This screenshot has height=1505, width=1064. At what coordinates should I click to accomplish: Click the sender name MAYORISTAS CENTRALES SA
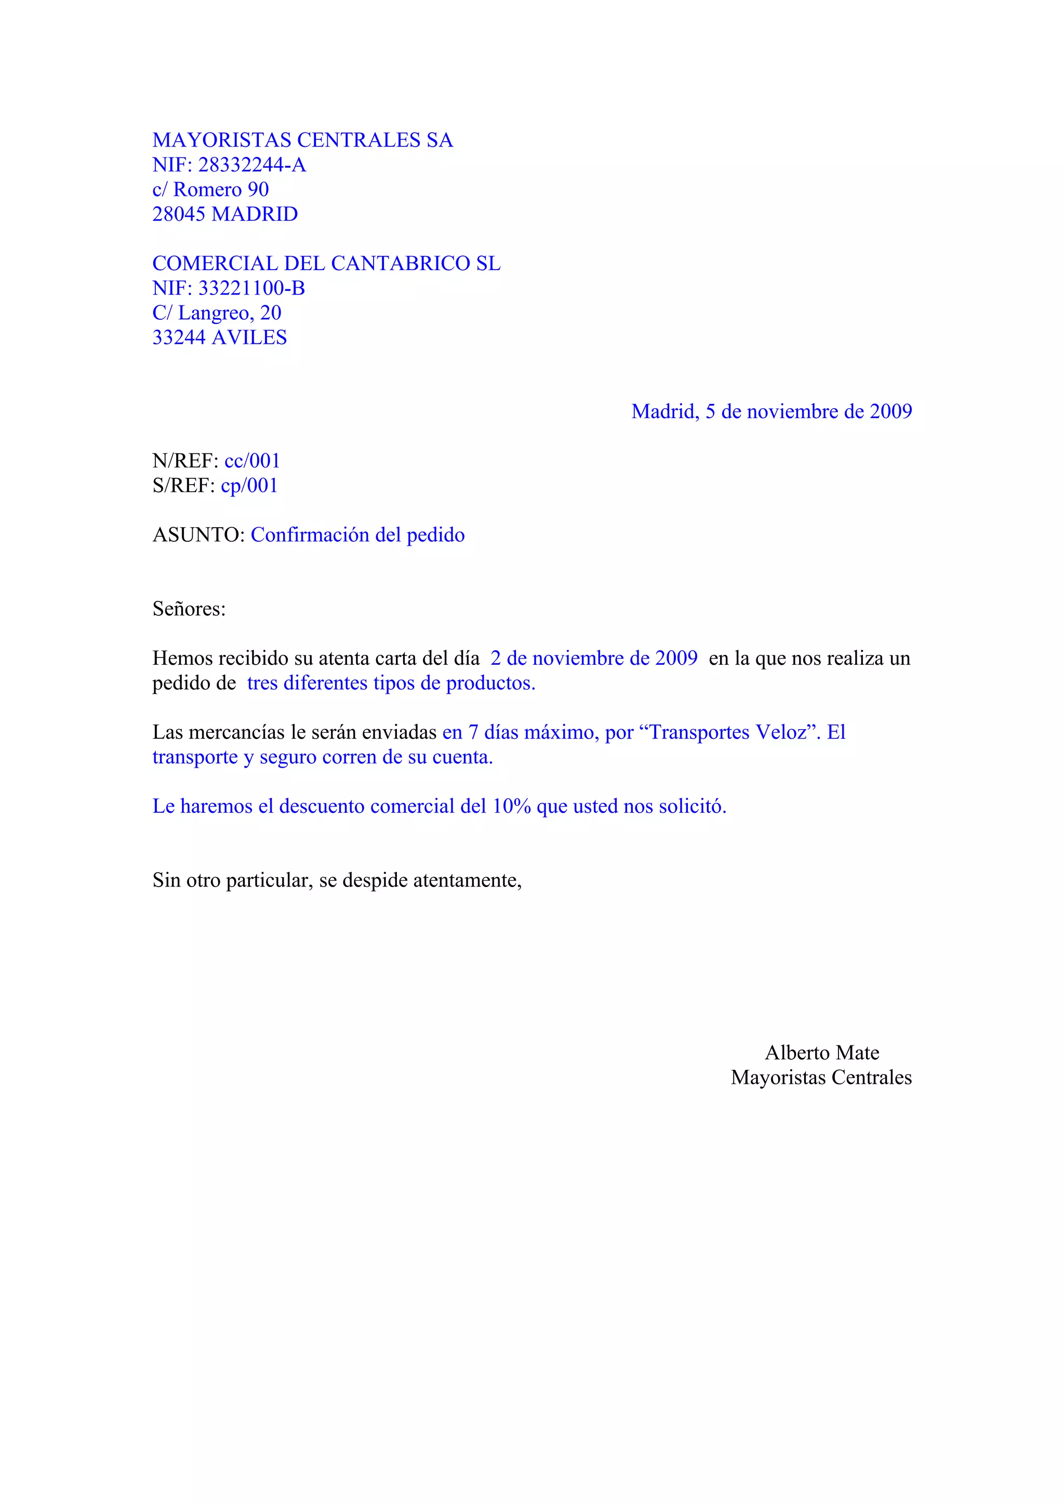coord(302,140)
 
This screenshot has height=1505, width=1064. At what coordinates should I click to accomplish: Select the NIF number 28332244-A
coord(252,165)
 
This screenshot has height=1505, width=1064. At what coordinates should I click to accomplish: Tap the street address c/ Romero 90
coord(210,190)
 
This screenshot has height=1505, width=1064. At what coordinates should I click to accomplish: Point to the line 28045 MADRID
coord(225,214)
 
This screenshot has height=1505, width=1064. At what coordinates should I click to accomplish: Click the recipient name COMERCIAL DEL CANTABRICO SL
coord(326,263)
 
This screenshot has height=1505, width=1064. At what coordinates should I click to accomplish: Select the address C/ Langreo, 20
coord(216,313)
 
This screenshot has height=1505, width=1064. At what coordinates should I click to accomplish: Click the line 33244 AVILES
coord(220,338)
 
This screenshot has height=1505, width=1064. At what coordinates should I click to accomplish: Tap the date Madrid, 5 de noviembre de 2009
coord(771,412)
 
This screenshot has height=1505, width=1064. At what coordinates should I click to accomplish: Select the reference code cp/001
coord(249,486)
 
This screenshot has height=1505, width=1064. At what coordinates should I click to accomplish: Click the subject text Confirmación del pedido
coord(357,535)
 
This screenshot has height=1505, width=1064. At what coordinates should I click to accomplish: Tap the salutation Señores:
coord(189,609)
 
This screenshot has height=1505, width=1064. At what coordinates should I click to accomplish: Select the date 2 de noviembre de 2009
coord(593,658)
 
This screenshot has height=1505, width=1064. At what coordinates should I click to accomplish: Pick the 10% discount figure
coord(511,806)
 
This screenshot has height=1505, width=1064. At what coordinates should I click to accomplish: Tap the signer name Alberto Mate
coord(821,1053)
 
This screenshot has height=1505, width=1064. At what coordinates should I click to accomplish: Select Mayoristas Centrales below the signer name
coord(821,1078)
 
